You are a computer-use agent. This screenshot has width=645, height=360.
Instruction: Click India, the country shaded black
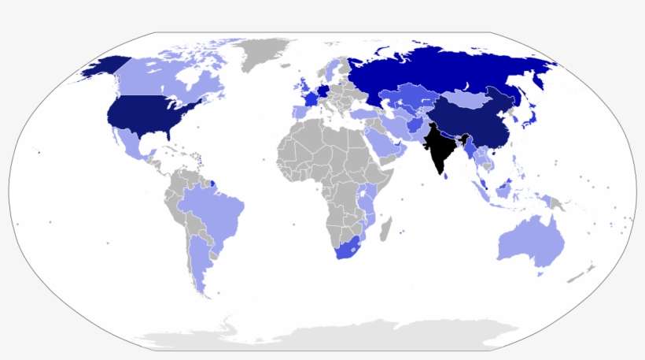pos(440,150)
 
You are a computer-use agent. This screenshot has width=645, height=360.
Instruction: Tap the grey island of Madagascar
pos(385,231)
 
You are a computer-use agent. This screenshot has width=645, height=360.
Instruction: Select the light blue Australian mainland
pos(531,240)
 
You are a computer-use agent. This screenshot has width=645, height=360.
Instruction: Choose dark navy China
pos(472,126)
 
